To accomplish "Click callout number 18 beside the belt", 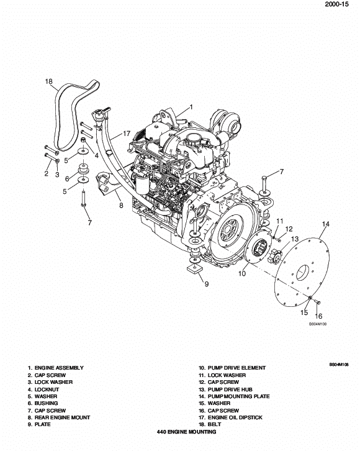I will tap(49, 81).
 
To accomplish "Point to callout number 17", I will tap(127, 133).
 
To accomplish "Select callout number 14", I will tap(325, 224).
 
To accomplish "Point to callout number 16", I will tap(319, 316).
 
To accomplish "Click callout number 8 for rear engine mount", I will tap(121, 204).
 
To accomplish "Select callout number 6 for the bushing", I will tap(66, 179).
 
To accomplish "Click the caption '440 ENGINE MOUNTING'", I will tap(186, 432).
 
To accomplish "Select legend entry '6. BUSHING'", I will tap(43, 403).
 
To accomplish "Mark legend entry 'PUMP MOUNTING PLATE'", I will tap(234, 396).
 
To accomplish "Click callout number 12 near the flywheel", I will tap(289, 229).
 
